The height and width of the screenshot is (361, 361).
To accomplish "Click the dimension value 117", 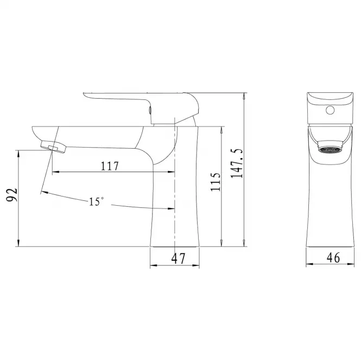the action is tap(110, 166).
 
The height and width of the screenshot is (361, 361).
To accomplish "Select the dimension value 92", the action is tap(11, 195).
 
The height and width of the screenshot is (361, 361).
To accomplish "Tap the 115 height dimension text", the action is tap(216, 182).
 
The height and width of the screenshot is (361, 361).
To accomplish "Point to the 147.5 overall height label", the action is tap(237, 163).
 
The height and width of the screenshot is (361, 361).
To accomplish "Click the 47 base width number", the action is tap(178, 258).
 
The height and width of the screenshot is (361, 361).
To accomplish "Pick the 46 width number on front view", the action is tap(333, 257).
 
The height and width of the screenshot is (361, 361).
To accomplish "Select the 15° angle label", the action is tap(96, 201).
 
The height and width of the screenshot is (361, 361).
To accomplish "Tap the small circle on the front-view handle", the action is tap(330, 110).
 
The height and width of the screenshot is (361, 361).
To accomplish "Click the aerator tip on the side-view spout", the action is tap(53, 147).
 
